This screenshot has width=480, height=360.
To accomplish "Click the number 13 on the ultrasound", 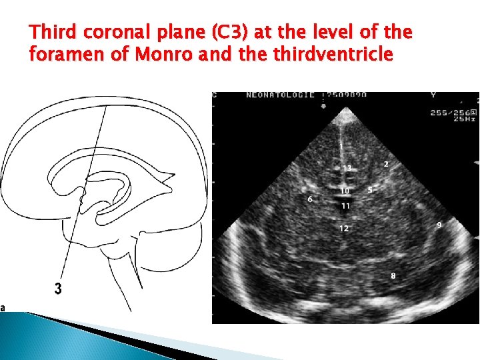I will [x=347, y=167].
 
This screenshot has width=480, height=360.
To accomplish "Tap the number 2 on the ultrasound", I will [x=386, y=163].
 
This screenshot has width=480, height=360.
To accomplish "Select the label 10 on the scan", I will [x=345, y=191].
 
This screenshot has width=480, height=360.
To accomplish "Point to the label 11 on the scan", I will [x=345, y=206].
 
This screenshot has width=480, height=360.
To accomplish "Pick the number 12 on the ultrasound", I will [x=343, y=229].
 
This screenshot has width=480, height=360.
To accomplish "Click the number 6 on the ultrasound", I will [x=310, y=199].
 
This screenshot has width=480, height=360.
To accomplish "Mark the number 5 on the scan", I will [x=369, y=190].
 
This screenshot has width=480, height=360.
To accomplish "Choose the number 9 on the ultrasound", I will [x=439, y=225].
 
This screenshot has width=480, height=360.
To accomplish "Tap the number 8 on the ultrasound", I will [x=393, y=275].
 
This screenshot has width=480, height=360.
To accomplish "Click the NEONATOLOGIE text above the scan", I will [x=272, y=95].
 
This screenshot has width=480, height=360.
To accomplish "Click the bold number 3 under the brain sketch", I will [x=59, y=289].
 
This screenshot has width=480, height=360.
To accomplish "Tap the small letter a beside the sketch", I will [x=3, y=307].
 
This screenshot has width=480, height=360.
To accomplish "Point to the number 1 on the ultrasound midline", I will [x=341, y=145].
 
